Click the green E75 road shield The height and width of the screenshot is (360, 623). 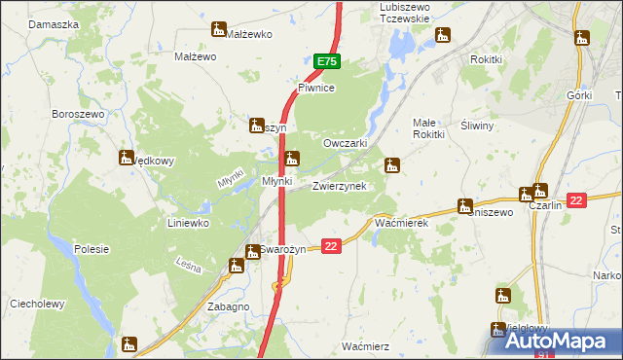(327, 61)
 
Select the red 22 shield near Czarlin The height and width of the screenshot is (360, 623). (576, 200)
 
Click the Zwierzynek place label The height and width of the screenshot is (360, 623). (339, 185)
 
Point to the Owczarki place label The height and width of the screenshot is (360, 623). (344, 143)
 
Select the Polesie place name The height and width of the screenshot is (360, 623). (92, 249)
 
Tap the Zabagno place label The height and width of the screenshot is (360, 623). (228, 306)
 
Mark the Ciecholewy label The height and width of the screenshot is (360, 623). (37, 304)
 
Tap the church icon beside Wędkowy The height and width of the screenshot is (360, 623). (127, 157)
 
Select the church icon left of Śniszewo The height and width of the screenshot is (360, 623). (463, 207)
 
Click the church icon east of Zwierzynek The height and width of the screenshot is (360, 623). (392, 165)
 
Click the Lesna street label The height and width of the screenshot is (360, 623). (189, 264)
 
